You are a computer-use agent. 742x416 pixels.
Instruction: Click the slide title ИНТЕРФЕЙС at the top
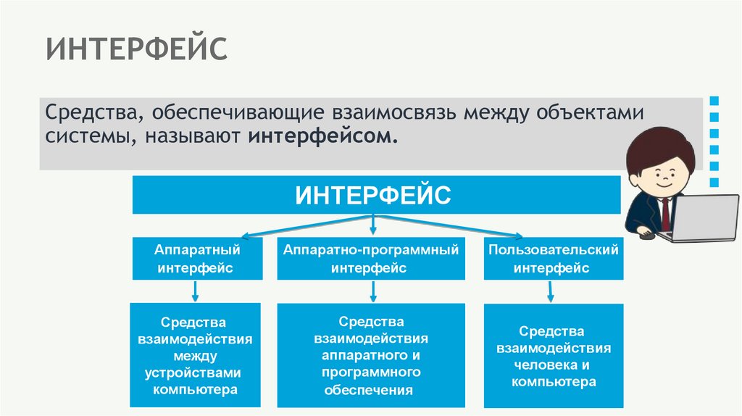137,51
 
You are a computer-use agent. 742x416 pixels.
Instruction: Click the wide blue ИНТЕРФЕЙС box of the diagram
375,195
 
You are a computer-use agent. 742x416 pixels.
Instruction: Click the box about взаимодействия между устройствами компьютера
195,355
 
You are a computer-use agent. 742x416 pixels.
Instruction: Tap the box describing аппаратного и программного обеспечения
371,355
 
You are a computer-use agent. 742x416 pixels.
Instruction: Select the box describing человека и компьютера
553,355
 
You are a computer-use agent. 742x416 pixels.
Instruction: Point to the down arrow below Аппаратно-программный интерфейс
372,291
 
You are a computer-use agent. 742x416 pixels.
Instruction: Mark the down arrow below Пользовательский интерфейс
549,291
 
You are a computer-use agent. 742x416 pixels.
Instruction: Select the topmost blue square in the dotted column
714,100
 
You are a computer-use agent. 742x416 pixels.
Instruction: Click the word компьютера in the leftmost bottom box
195,390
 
